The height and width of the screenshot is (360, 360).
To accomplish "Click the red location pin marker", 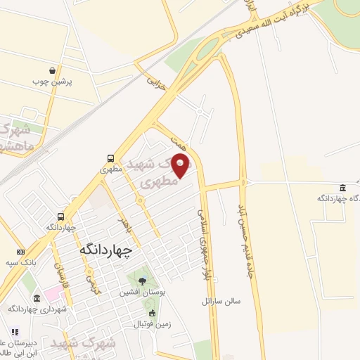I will (x=181, y=165).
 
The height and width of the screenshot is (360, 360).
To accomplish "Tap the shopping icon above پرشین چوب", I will (x=53, y=70).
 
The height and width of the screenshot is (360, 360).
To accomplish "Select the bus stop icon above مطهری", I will (x=111, y=158).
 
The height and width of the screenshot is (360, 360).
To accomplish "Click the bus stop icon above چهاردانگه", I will (x=61, y=217).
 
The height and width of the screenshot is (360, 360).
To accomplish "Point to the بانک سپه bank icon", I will (x=20, y=252).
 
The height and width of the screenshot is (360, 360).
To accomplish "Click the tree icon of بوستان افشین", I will (x=143, y=281).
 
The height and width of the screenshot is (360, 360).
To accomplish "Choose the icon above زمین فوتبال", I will (x=152, y=312).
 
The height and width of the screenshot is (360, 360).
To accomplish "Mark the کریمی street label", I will (x=89, y=281).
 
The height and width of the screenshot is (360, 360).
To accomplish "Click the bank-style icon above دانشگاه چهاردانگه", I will (x=342, y=188).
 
